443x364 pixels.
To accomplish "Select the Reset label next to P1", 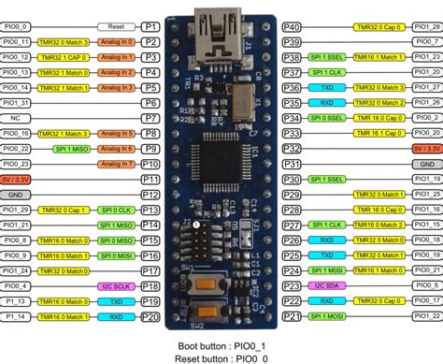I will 116,27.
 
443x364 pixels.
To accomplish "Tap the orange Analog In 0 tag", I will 117,42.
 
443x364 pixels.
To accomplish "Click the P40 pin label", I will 291,27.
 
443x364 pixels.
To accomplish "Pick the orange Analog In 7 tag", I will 117,164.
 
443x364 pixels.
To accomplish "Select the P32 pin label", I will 291,149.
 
